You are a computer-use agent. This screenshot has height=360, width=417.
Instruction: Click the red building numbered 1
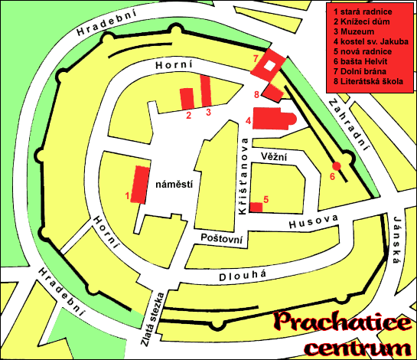[x=139, y=184]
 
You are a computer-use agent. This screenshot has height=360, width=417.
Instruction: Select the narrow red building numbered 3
[x=205, y=91]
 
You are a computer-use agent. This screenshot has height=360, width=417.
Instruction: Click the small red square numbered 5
[x=257, y=207]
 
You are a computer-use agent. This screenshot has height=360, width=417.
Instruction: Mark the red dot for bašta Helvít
[x=335, y=165]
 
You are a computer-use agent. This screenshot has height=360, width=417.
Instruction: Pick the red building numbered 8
[x=272, y=92]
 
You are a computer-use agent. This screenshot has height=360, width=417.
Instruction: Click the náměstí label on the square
[x=173, y=185]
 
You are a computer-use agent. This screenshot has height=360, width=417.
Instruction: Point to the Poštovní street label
[x=221, y=240]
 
